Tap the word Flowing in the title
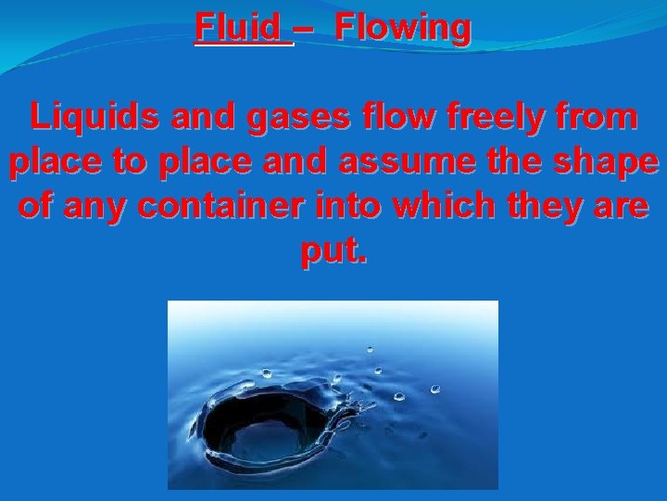tap(403, 28)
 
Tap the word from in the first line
tap(597, 118)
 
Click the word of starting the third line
tap(35, 207)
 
